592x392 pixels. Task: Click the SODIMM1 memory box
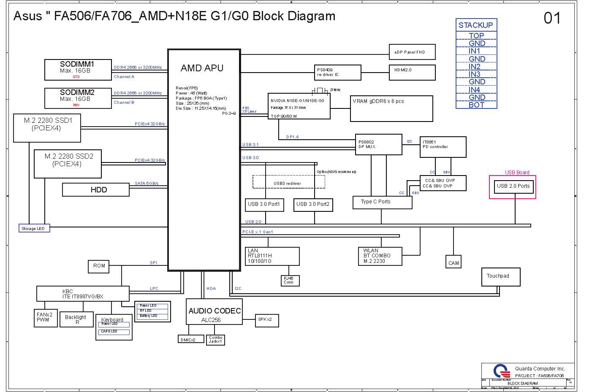78,70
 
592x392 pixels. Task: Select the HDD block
96,190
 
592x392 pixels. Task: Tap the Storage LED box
34,228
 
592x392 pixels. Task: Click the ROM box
99,266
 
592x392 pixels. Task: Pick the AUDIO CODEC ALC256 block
215,312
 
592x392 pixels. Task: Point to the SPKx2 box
266,320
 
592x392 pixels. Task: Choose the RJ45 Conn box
290,281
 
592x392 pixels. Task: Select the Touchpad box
500,277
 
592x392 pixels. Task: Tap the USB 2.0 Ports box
513,186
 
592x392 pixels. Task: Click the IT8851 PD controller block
443,147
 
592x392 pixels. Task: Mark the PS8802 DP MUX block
378,145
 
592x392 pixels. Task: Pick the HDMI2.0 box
412,72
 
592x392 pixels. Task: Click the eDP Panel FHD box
412,52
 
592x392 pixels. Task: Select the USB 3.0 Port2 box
313,205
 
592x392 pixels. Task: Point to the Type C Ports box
382,202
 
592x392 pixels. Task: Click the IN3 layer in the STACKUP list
475,74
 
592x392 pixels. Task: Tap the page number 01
552,18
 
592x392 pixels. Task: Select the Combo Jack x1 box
216,340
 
